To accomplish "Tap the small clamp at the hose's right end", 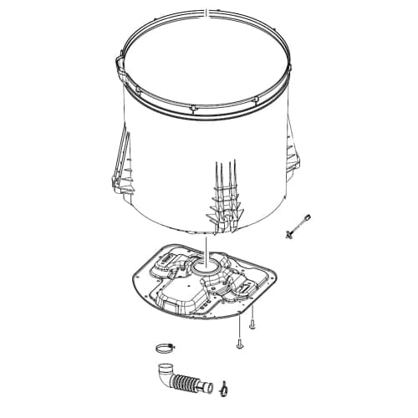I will pyautogui.click(x=224, y=386).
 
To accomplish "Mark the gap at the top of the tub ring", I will pyautogui.click(x=204, y=13).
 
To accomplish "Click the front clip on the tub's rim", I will pyautogui.click(x=193, y=108).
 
